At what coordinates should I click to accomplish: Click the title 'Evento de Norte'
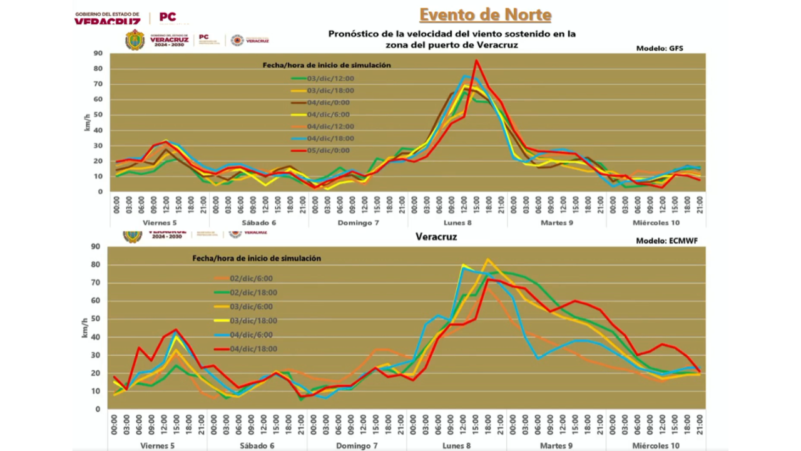point(485,14)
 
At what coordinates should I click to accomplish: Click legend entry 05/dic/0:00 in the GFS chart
point(329,150)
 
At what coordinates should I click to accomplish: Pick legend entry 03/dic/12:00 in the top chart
point(330,78)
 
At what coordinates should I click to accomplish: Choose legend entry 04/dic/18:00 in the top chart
point(330,138)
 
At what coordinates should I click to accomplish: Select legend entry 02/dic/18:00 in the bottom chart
point(253,293)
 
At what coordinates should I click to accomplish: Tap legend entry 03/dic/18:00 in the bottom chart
point(253,321)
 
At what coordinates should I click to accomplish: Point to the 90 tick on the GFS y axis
point(98,53)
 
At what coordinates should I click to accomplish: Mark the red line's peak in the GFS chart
point(476,60)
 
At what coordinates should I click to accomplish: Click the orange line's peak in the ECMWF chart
point(488,259)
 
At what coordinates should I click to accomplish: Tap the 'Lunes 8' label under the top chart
point(457,222)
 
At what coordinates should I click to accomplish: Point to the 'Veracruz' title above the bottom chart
point(436,237)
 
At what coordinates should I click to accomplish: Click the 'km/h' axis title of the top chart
point(88,122)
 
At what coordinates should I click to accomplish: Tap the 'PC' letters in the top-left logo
point(168,17)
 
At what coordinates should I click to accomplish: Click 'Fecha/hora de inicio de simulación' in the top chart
point(326,65)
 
